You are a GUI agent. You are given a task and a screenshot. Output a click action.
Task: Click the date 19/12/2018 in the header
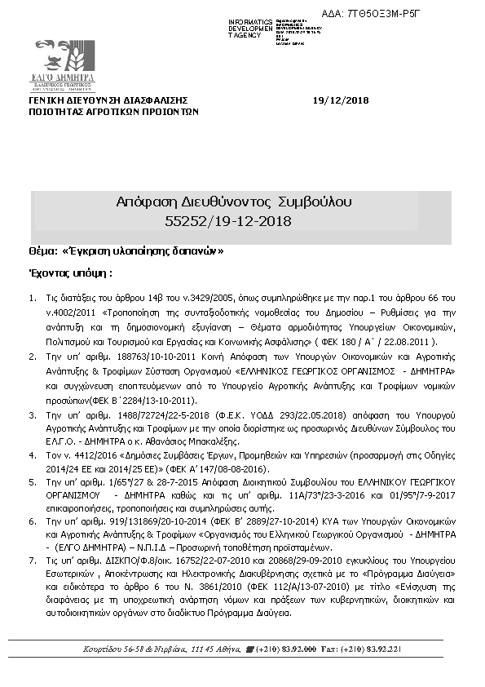(x=341, y=100)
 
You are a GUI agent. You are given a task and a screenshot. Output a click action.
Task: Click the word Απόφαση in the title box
(x=144, y=201)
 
